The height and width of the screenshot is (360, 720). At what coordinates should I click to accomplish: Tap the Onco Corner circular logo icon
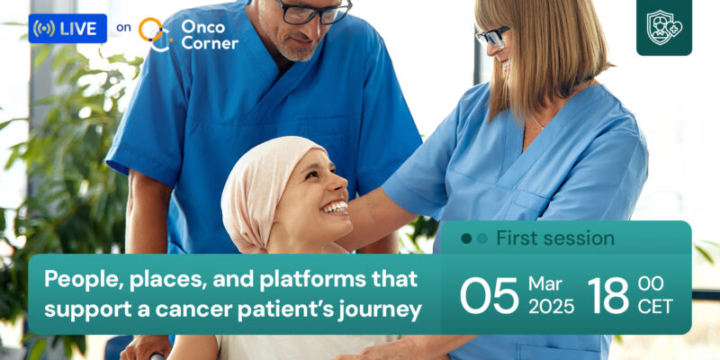pos(154,33)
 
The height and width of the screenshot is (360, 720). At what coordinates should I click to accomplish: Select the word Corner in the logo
pos(209,41)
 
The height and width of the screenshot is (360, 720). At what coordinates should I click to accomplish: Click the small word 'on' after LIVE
pos(123,28)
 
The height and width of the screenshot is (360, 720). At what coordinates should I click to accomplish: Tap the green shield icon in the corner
pos(663,28)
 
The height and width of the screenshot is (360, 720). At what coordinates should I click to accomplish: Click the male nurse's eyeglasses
pos(311,11)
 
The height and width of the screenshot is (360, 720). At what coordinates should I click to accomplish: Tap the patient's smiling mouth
pos(335,208)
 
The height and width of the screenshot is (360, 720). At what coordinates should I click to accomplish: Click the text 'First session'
pos(554,238)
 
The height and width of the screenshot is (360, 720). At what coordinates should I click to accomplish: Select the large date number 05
pos(490,295)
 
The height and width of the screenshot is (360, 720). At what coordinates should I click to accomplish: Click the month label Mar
pos(545,284)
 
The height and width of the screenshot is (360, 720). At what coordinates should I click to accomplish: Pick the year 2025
pos(551,307)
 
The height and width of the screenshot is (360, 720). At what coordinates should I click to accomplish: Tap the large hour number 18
pos(608,295)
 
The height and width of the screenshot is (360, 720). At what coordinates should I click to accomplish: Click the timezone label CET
pos(654,307)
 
